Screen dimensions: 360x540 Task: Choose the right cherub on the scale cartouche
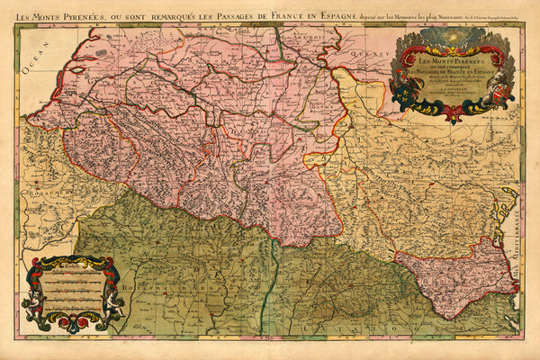point(115,306)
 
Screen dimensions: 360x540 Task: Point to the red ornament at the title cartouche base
point(454,112)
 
